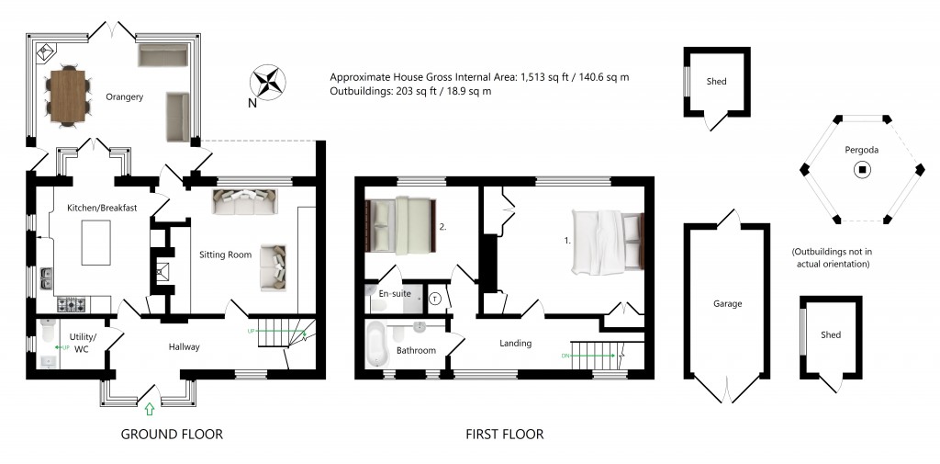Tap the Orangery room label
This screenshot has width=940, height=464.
(124, 96)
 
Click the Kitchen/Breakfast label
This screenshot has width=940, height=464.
(103, 209)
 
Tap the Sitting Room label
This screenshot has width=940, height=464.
(226, 255)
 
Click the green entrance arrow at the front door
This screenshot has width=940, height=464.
(150, 408)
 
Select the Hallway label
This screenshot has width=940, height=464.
(184, 346)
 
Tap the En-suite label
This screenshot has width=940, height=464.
(392, 294)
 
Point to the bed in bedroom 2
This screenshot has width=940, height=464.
(400, 226)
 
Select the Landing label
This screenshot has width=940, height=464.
(516, 344)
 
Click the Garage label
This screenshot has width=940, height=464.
(727, 303)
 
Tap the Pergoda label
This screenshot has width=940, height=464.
(861, 150)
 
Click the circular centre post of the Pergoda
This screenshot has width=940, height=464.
(861, 169)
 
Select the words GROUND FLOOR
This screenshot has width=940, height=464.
(172, 435)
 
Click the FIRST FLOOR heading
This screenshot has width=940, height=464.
(504, 435)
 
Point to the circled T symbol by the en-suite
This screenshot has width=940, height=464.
(435, 298)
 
